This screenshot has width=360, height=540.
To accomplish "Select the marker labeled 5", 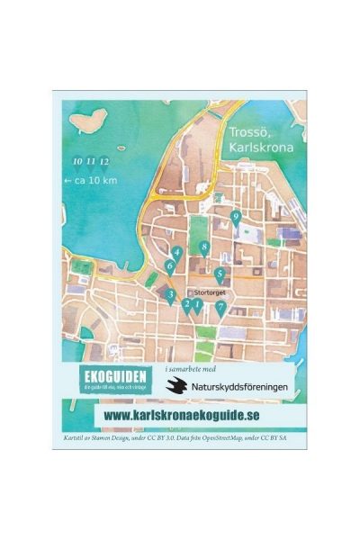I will click(x=220, y=274).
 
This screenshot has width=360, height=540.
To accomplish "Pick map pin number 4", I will click(x=177, y=254).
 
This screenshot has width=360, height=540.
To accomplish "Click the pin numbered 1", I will click(x=197, y=306).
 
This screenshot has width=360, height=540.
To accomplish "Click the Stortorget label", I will click(x=210, y=292).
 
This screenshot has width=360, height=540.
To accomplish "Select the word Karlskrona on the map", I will click(x=256, y=146).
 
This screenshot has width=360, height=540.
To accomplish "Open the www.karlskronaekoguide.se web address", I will click(x=182, y=415).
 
